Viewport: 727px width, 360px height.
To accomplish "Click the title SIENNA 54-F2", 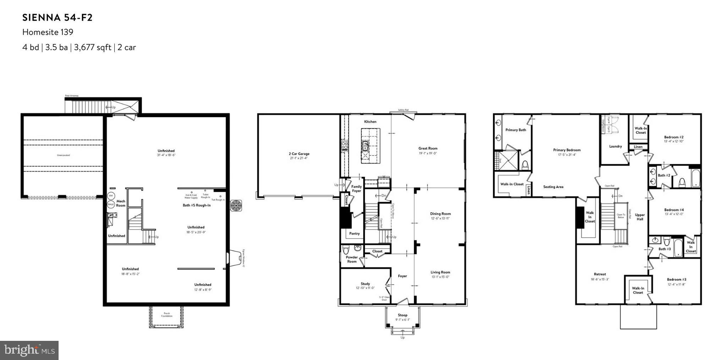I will [x=58, y=18].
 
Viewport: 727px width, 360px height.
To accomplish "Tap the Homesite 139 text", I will [x=48, y=32].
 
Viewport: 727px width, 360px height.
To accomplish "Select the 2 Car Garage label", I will [x=299, y=154].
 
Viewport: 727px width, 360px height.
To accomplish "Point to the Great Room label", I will [x=428, y=148].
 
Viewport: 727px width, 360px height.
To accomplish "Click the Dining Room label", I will [x=440, y=214].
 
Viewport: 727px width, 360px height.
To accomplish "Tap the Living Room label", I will [x=440, y=272].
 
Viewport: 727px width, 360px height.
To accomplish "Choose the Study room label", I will [x=365, y=284].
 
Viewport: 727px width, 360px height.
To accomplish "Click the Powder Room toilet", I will [x=346, y=250].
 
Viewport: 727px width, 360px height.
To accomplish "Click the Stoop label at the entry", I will [x=403, y=315].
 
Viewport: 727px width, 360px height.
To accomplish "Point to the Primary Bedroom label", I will [x=567, y=150].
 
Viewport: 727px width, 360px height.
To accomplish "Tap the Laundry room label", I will [x=615, y=146].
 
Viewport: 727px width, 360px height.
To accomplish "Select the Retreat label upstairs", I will [x=600, y=274].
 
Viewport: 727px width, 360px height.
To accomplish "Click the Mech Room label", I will [x=121, y=203].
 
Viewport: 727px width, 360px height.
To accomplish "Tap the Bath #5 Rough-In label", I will [x=197, y=205].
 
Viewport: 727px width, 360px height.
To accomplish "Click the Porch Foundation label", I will [x=166, y=315].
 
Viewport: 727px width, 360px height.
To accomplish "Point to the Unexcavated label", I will [x=64, y=155].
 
